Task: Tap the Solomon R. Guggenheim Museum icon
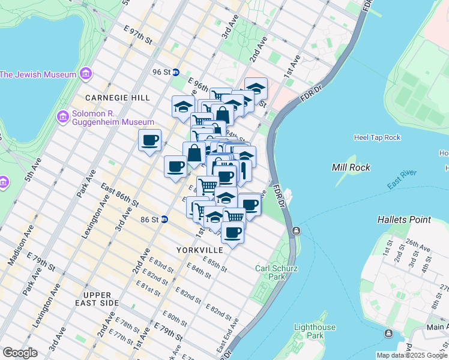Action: pos(62,116)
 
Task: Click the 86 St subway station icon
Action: pos(164,220)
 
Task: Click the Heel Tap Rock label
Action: pos(377,137)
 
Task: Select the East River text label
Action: pos(402,180)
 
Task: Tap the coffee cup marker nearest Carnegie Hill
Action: pos(150,141)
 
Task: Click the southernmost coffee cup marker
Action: pos(233,232)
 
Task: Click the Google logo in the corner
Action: pos(19,353)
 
